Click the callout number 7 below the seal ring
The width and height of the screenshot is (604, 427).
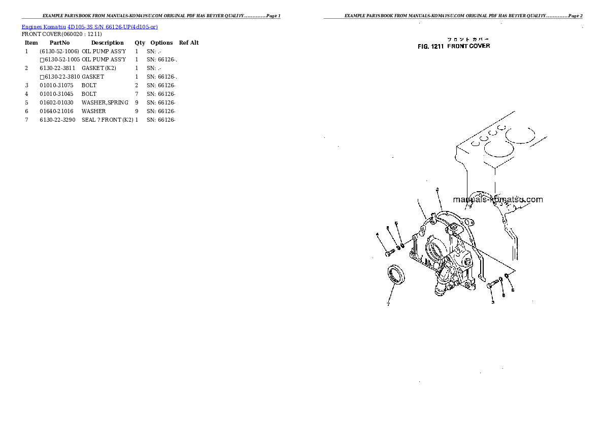[x=388, y=304]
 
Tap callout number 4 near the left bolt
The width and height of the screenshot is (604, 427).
[x=378, y=234]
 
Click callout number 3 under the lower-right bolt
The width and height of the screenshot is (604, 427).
[x=492, y=302]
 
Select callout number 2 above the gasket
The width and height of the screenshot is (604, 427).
[x=437, y=190]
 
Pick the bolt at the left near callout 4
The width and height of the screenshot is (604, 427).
[x=389, y=252]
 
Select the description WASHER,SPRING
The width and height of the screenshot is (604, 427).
[x=105, y=102]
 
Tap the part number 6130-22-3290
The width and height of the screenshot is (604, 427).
[x=57, y=120]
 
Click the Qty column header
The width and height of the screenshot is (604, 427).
[x=140, y=43]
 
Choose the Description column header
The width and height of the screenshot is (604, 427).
[x=107, y=43]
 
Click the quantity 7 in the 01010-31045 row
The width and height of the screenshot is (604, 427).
[x=137, y=94]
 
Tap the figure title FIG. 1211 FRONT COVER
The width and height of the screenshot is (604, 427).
[x=454, y=46]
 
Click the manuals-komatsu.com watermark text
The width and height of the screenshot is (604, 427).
[x=497, y=199]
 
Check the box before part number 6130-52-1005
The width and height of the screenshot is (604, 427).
[x=42, y=60]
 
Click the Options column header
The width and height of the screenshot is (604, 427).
[x=161, y=43]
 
